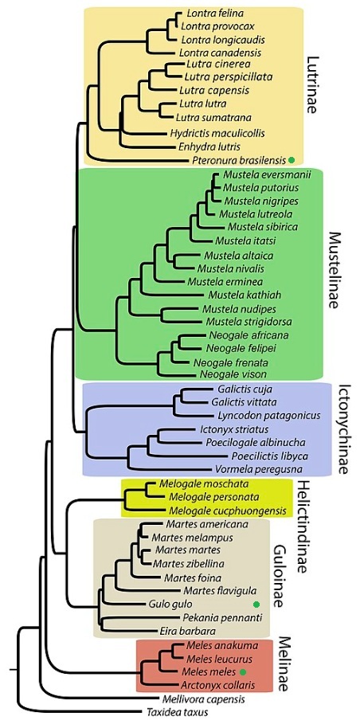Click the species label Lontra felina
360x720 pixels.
209,14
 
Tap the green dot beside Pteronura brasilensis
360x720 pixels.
291,160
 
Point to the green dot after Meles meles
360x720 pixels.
243,671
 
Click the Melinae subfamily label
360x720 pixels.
286,663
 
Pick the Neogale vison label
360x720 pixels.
227,374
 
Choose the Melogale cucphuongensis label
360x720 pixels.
228,511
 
